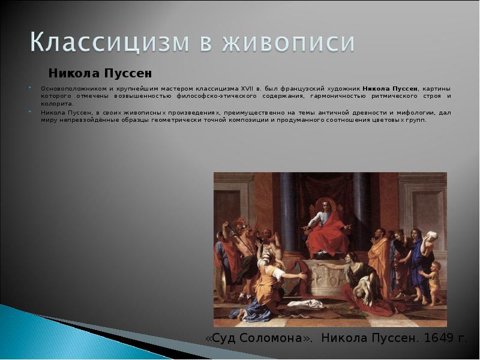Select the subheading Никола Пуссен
point(100,73)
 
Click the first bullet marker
point(30,88)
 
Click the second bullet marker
point(30,112)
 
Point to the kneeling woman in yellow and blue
point(267,285)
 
